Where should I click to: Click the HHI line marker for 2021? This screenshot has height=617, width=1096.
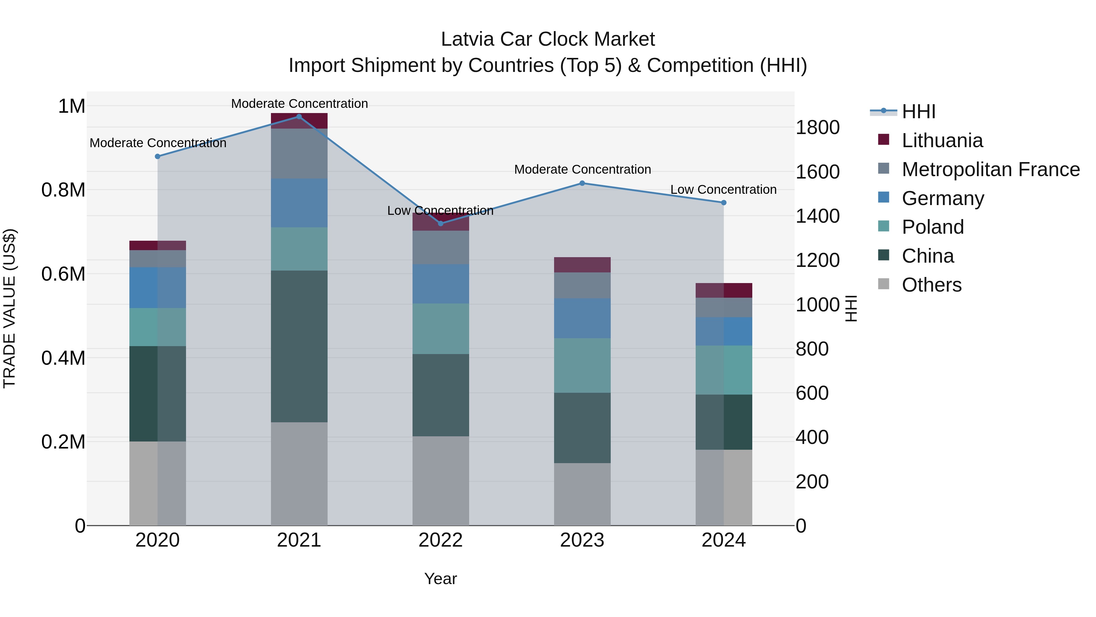pos(299,117)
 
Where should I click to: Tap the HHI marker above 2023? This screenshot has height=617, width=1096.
pos(582,183)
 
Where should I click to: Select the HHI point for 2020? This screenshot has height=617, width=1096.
pos(157,157)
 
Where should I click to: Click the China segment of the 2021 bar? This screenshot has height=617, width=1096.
pos(299,346)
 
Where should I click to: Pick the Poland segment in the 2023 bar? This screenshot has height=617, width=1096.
pos(582,365)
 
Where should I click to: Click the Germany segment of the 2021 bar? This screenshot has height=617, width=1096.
pos(299,203)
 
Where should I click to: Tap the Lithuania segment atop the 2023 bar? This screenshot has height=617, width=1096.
pos(582,264)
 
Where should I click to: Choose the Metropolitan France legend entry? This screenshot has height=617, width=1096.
pos(990,169)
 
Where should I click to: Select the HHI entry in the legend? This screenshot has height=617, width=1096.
pos(918,112)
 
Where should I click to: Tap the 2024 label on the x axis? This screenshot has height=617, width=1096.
pos(723,540)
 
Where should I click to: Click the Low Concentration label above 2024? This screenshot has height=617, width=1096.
pos(723,190)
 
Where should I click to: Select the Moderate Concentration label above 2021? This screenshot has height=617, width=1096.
pos(299,104)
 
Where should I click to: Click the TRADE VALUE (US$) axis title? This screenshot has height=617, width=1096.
pos(9,308)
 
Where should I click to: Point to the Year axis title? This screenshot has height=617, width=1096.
pos(440,579)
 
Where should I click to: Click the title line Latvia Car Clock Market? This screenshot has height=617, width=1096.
pos(548,39)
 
